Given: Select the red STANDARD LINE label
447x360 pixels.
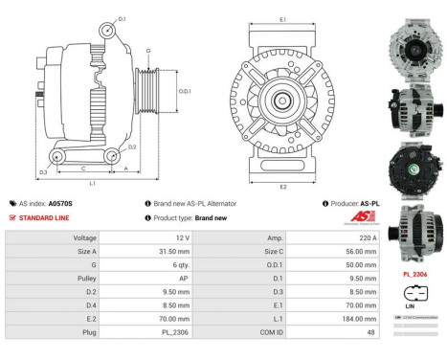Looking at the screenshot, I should pos(43,218).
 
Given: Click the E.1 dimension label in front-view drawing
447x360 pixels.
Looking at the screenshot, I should pos(282,19).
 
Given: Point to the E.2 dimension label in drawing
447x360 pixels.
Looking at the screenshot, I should pos(282,186).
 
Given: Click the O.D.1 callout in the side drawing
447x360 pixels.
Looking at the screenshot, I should pos(185,92).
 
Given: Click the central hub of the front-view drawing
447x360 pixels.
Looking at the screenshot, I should pos(283,101).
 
